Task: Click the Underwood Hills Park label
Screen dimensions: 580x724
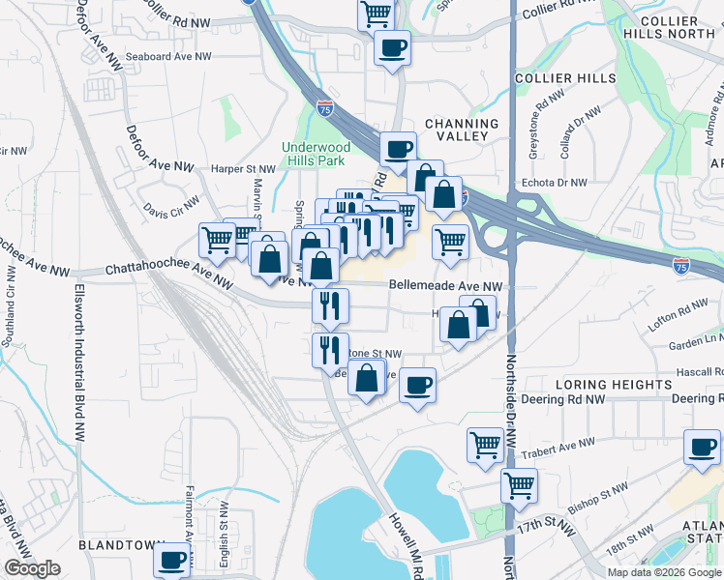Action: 313,154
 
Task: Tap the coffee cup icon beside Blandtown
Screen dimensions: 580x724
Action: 172,558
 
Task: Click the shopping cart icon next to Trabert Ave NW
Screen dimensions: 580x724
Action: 485,445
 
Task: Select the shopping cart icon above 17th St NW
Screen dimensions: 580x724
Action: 520,484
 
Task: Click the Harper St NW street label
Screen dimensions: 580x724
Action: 243,168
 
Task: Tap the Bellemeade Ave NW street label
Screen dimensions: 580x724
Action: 446,286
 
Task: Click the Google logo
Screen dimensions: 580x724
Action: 32,568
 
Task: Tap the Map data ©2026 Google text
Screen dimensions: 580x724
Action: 664,572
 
